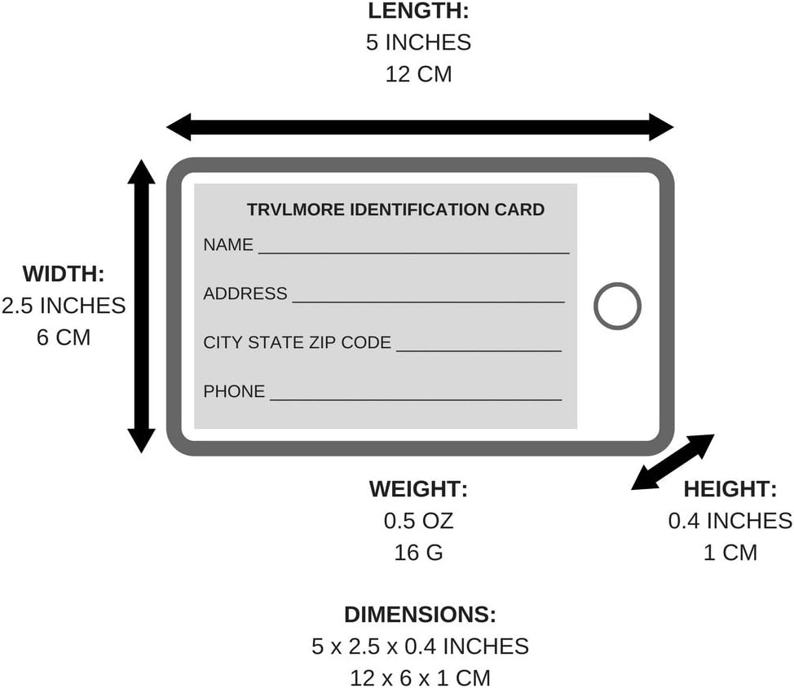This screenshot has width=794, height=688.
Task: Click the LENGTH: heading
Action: coord(418,11)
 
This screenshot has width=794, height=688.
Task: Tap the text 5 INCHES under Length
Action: coord(418,42)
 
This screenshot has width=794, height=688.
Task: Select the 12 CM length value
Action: coord(418,73)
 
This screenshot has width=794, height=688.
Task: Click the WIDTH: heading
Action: coord(64,274)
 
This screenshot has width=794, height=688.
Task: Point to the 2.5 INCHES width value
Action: coord(64,306)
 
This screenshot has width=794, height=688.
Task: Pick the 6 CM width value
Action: coord(64,337)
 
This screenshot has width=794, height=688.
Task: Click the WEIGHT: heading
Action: coord(418,489)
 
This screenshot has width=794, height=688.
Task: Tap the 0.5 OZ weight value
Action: coord(418,520)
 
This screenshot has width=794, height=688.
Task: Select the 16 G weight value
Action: coord(418,552)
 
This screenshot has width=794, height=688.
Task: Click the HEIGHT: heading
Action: coord(730,489)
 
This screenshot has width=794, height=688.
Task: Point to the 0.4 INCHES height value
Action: coord(730,520)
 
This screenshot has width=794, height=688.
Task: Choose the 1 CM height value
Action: coord(730,552)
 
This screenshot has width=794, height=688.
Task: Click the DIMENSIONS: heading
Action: coord(419,615)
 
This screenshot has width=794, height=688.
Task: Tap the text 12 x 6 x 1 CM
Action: coord(419,677)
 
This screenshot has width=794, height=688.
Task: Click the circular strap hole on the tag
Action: coord(617,306)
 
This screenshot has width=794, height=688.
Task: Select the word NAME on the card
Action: coord(228,245)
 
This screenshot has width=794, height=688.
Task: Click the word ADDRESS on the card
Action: coord(245,293)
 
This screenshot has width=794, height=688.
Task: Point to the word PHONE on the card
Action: coord(234,391)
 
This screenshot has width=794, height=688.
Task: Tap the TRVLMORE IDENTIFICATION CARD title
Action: coord(395,209)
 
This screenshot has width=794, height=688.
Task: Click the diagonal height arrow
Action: coord(673,462)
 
